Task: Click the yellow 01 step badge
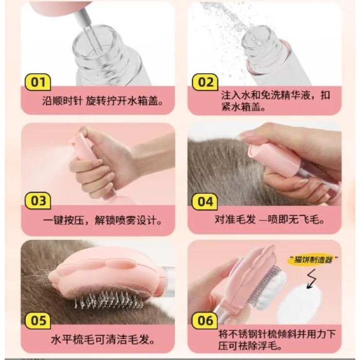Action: point(38,82)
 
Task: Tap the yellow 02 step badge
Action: point(205,82)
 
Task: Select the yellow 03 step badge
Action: point(38,201)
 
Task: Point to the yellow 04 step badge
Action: point(205,202)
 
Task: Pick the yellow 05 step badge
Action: point(38,320)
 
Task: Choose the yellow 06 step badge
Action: point(205,320)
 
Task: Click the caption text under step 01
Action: point(103,101)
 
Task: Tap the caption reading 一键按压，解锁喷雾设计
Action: point(103,221)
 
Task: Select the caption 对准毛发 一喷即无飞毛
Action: point(269,220)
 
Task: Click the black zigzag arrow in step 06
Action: point(312,279)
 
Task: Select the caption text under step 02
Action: point(276,101)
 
